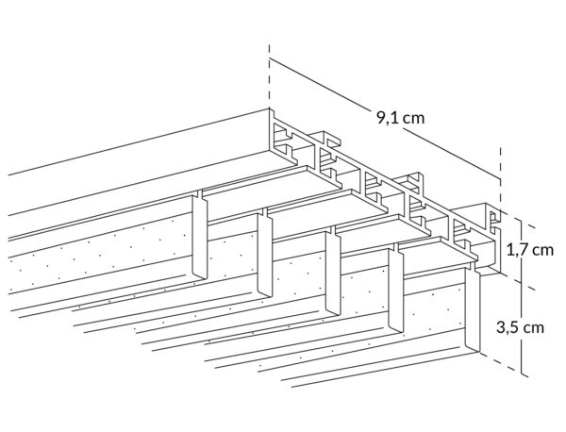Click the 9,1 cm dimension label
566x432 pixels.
401,118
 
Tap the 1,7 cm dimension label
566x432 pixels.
530,250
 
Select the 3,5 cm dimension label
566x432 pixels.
520,327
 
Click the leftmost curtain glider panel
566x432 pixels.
199,237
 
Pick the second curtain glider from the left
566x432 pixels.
264,256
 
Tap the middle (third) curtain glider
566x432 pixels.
333,274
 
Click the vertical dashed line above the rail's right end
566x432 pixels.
500,176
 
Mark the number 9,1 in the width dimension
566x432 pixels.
388,118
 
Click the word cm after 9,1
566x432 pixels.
414,119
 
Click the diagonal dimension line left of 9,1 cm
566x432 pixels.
322,85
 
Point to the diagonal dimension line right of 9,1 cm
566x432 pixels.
451,154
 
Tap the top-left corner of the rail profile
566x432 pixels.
269,109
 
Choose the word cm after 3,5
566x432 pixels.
534,327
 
